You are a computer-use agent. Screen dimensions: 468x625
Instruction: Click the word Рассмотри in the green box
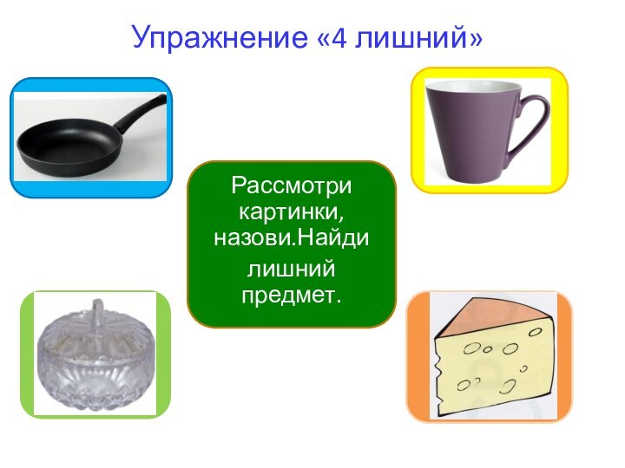[x=292, y=186]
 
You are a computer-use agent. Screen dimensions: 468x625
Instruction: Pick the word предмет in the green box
[x=292, y=296]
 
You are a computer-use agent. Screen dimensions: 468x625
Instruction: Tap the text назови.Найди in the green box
[x=292, y=235]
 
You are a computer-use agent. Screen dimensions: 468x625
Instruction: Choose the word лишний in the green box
[x=292, y=270]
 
